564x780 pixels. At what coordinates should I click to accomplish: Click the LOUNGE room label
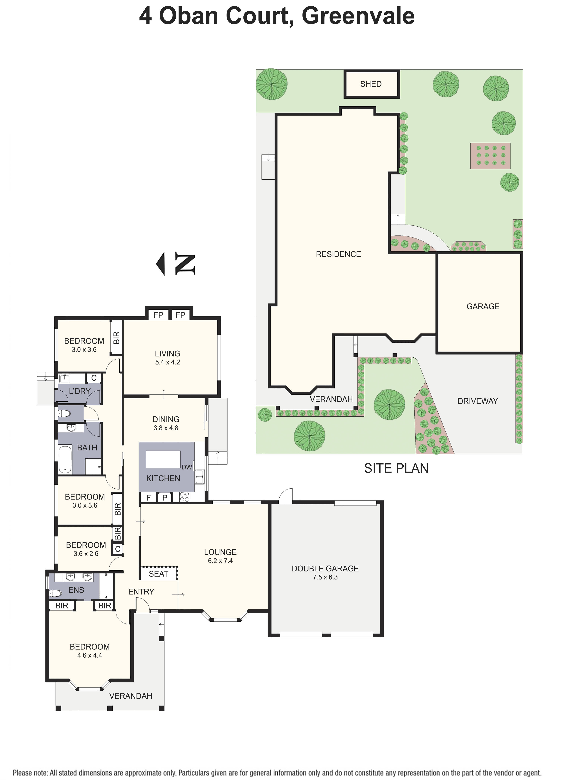[220, 552]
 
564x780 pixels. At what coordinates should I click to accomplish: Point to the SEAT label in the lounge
[158, 574]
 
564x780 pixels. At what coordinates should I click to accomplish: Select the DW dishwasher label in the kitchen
[186, 467]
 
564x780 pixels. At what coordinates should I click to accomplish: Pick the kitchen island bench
[163, 459]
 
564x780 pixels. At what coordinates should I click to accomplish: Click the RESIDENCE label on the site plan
[338, 254]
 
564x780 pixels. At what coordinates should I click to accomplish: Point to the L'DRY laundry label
[80, 391]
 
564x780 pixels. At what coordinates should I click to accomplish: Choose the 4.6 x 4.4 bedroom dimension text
[89, 655]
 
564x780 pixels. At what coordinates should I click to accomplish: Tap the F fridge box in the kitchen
[148, 497]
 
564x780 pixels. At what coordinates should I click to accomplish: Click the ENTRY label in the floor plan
[141, 592]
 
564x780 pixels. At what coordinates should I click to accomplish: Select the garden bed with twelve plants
[490, 156]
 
